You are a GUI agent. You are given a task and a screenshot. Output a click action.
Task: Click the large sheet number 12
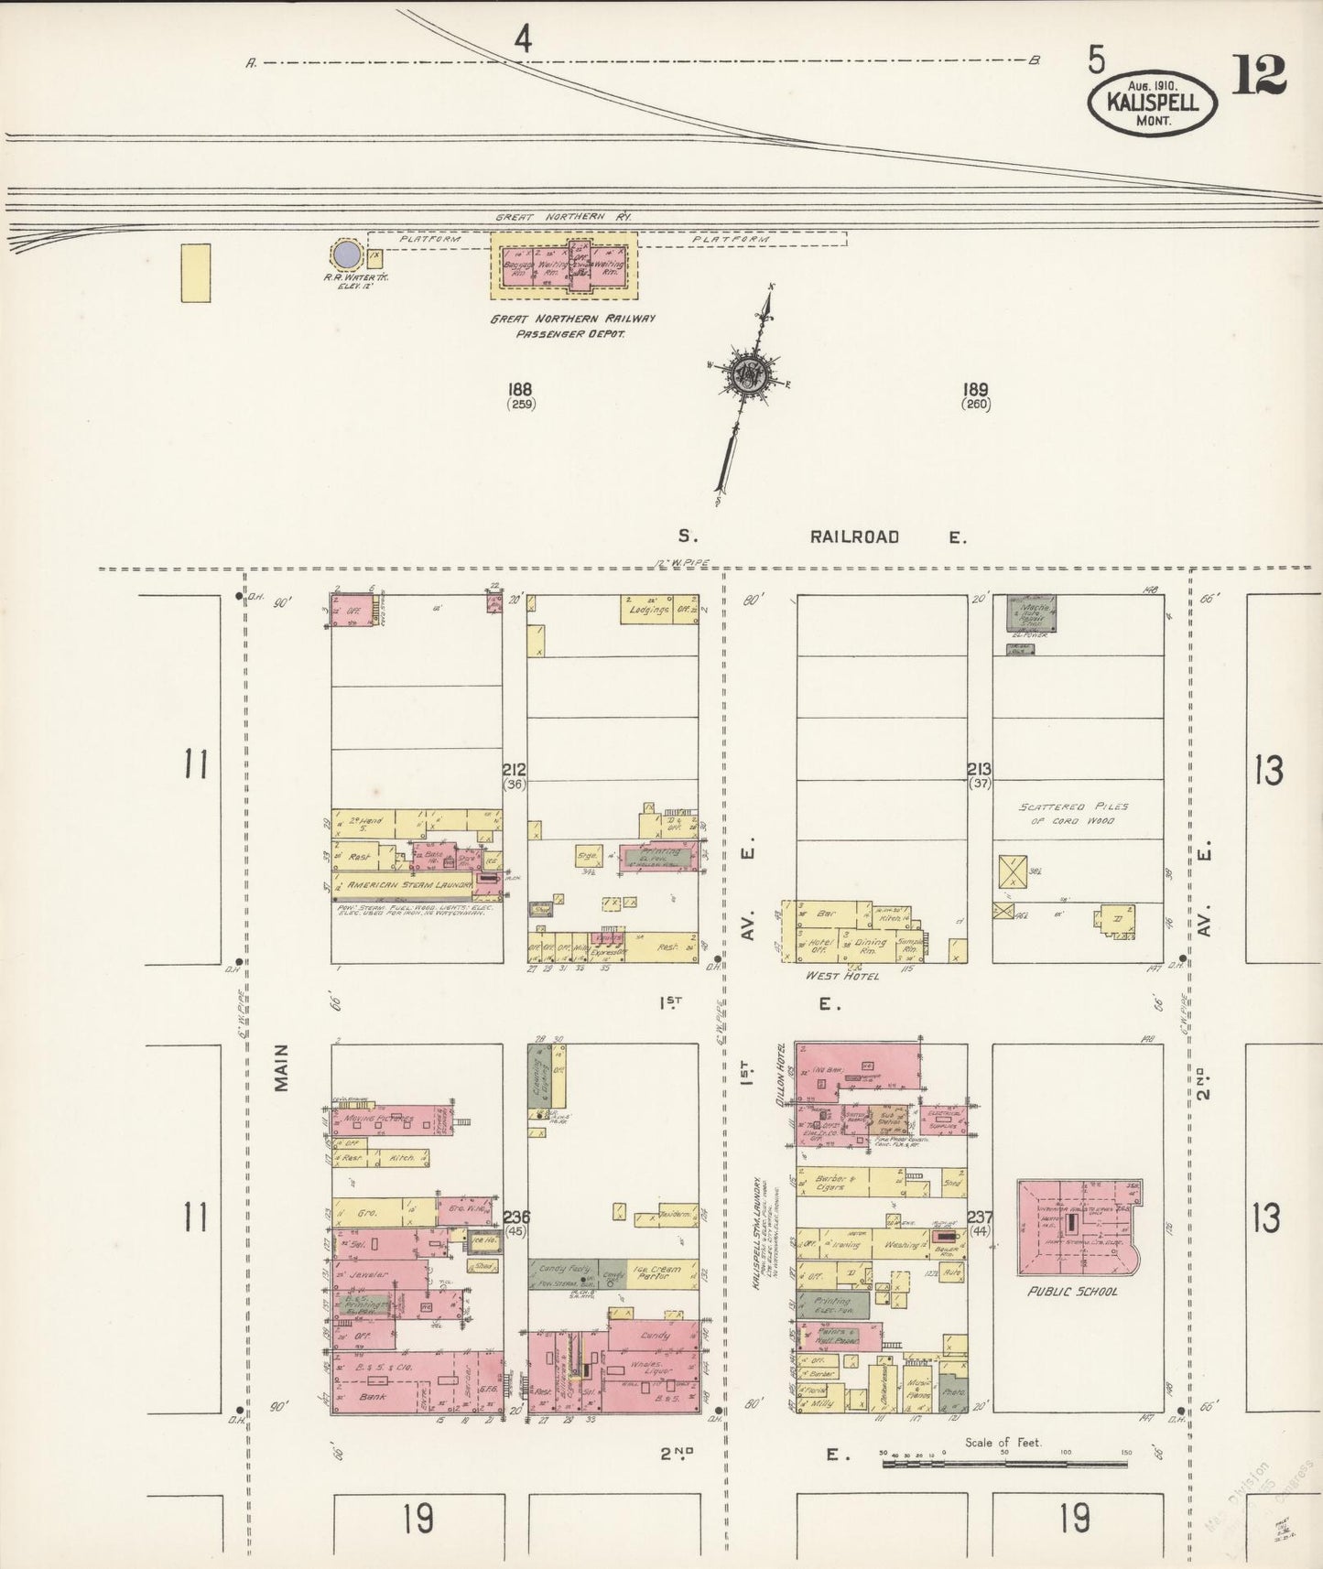click(x=1259, y=75)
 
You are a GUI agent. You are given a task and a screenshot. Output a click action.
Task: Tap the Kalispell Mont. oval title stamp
click(x=1153, y=103)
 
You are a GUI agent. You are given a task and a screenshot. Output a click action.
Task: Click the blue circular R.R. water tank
click(x=344, y=254)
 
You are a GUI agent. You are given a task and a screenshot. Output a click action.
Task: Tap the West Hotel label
click(x=841, y=976)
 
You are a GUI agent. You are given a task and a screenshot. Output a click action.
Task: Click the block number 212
click(x=514, y=770)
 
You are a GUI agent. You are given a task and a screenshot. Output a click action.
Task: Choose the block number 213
click(x=979, y=770)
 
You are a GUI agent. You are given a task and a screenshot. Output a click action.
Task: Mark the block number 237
click(x=980, y=1217)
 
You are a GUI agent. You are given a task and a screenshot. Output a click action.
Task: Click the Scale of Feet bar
click(x=1004, y=1464)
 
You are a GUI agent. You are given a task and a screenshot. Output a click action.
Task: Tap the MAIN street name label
click(x=281, y=1067)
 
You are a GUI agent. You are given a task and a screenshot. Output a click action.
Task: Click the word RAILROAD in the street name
click(x=853, y=537)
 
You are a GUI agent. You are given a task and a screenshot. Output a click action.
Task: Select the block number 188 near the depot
click(x=521, y=390)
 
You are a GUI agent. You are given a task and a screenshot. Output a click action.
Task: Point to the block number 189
click(x=976, y=390)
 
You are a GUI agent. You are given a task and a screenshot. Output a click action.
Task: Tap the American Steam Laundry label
click(x=407, y=885)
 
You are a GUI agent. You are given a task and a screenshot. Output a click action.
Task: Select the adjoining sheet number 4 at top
click(x=523, y=39)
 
